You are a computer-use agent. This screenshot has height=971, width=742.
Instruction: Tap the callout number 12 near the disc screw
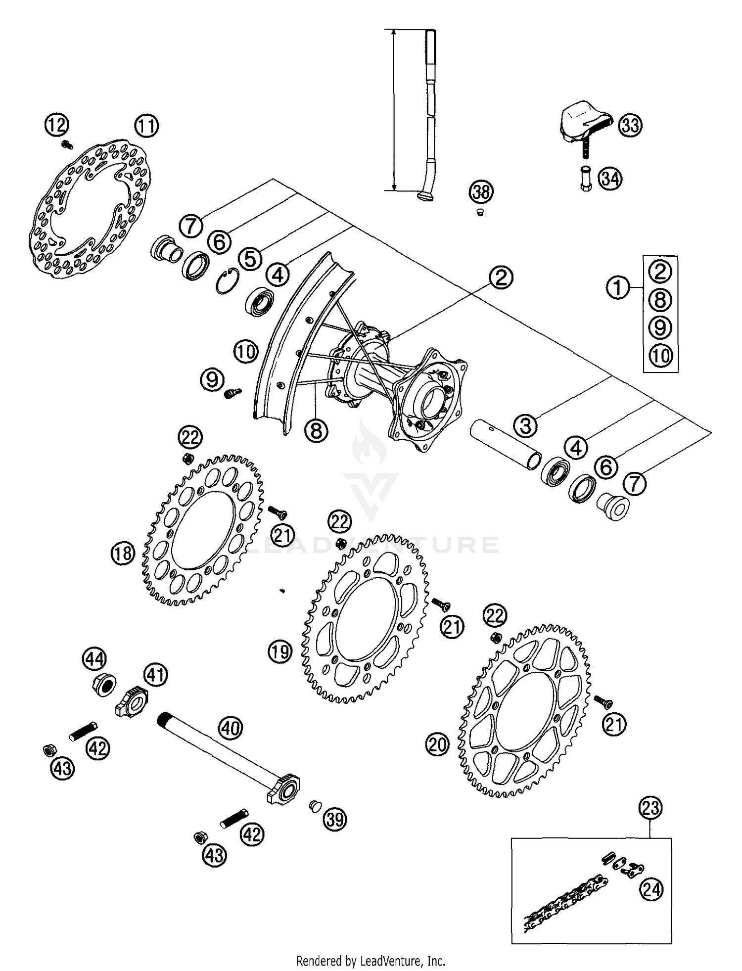point(57,125)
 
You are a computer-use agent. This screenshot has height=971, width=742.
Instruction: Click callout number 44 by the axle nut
point(94,658)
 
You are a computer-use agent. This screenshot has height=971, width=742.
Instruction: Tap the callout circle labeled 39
point(335,819)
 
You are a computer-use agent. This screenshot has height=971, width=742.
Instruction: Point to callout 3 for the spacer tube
point(526,424)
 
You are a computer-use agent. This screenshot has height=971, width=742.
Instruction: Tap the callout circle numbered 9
point(212,380)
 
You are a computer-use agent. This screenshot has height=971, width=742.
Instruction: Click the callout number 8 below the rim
point(316,430)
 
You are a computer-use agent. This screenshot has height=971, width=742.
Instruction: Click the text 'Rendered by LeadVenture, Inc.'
point(371,961)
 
